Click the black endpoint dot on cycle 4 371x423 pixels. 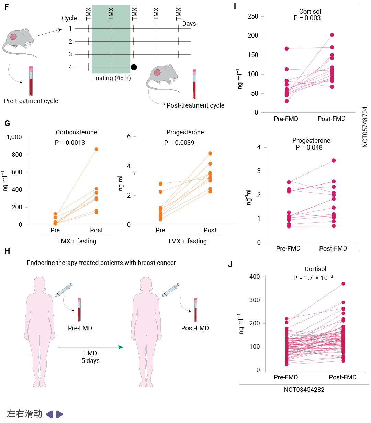pos(134,67)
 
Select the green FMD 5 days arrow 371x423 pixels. pos(90,347)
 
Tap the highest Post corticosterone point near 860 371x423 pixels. pos(97,149)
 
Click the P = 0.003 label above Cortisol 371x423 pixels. pos(307,18)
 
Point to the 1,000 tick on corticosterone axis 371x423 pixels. pos(14,137)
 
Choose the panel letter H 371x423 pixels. pos(7,251)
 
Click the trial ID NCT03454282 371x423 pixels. pos(304,390)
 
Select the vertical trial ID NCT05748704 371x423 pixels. pos(365,127)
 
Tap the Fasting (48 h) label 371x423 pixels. pos(111,78)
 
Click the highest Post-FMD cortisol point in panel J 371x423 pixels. pos(343,284)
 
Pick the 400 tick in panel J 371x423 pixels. pos(255,277)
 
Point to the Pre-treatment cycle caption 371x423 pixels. pos(31,101)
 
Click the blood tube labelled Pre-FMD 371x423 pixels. pos(79,309)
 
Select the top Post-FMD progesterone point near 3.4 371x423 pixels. pos(334,160)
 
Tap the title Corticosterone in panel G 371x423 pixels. pos(76,132)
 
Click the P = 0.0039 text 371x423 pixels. pos(179,143)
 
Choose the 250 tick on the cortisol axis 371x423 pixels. pos(253,16)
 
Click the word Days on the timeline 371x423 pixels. pos(189,24)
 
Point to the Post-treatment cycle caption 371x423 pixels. pos(195,105)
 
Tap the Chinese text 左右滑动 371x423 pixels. pos(25,414)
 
